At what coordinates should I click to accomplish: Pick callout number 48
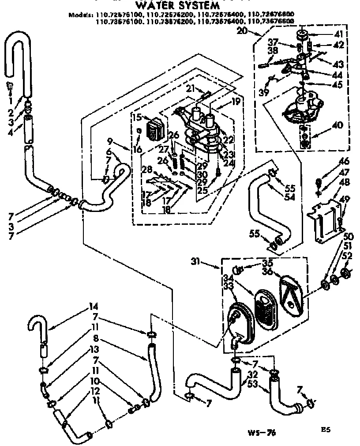(x=345, y=182)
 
